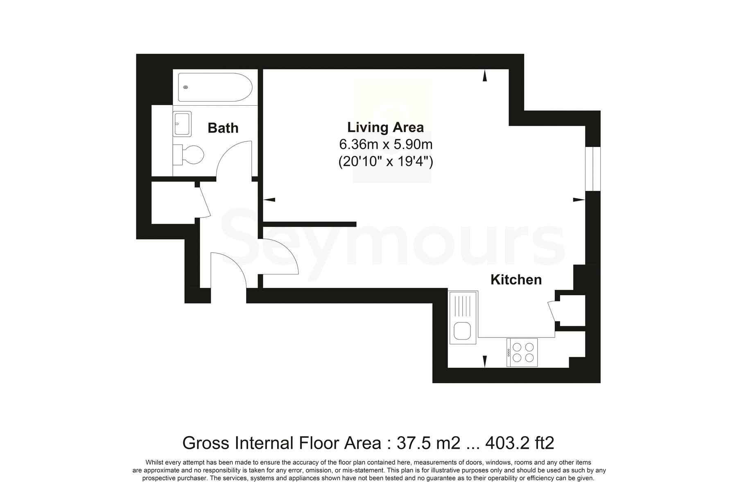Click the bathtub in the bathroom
click(214, 87)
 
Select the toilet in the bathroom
click(188, 155)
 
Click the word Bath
click(223, 128)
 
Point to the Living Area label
click(385, 127)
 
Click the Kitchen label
click(516, 280)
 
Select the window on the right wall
click(593, 168)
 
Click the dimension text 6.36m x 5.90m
click(386, 145)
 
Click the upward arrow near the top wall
click(485, 76)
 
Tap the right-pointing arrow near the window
click(579, 200)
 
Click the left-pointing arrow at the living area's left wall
click(269, 200)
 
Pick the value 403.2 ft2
click(520, 443)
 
